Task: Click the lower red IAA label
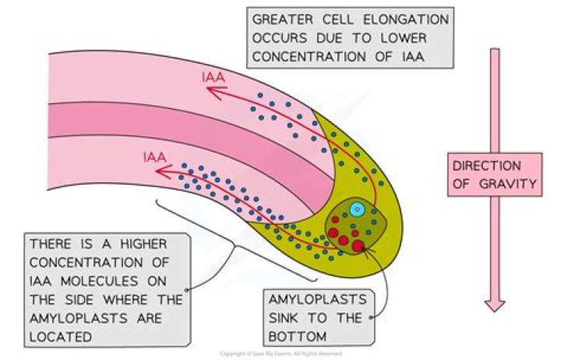(x=155, y=157)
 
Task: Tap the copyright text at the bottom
(x=280, y=353)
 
